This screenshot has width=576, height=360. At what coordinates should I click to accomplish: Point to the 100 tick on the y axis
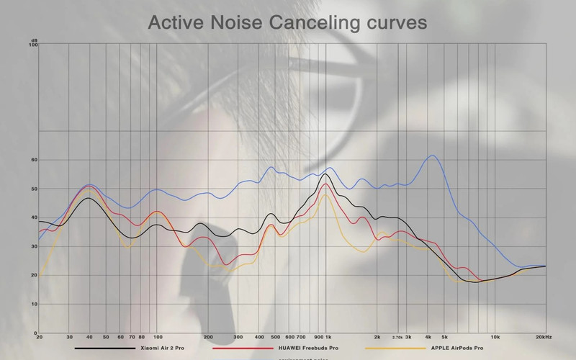tap(32, 45)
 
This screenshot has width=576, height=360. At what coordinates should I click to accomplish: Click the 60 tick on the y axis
tap(33, 160)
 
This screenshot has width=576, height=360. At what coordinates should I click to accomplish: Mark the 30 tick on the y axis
tap(33, 246)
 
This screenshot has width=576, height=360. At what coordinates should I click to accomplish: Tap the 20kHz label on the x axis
tap(544, 337)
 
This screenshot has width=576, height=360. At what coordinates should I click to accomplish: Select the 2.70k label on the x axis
tap(397, 337)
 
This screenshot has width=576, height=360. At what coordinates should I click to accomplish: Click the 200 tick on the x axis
tap(208, 337)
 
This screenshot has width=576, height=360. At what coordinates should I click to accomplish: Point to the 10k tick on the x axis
tap(495, 337)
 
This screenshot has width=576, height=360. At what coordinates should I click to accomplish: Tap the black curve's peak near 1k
tap(325, 174)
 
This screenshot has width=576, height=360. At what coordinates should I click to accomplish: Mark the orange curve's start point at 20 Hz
tap(40, 276)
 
